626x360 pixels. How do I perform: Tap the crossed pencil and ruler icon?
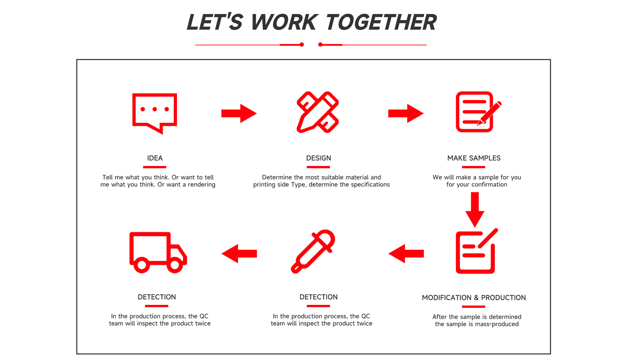[318, 112]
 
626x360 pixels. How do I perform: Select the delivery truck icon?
[158, 252]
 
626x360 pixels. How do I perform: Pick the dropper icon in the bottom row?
[313, 251]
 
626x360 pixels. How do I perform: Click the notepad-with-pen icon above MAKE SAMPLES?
[477, 112]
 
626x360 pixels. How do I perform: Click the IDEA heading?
[155, 158]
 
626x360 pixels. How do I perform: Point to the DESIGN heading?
[318, 158]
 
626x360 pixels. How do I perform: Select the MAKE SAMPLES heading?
[473, 158]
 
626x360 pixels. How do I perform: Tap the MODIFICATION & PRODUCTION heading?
[473, 298]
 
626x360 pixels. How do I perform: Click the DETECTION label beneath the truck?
[156, 297]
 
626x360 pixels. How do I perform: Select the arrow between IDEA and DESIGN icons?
[239, 113]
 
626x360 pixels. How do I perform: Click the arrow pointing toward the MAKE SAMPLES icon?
[406, 113]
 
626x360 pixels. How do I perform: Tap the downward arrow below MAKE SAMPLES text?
[475, 209]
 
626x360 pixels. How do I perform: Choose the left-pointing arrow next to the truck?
[239, 253]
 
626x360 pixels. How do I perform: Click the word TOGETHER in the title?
[381, 22]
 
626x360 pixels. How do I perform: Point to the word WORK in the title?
[283, 22]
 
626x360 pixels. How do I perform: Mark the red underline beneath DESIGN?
[318, 167]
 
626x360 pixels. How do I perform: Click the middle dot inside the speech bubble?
[155, 109]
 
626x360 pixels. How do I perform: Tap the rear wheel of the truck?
[142, 265]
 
